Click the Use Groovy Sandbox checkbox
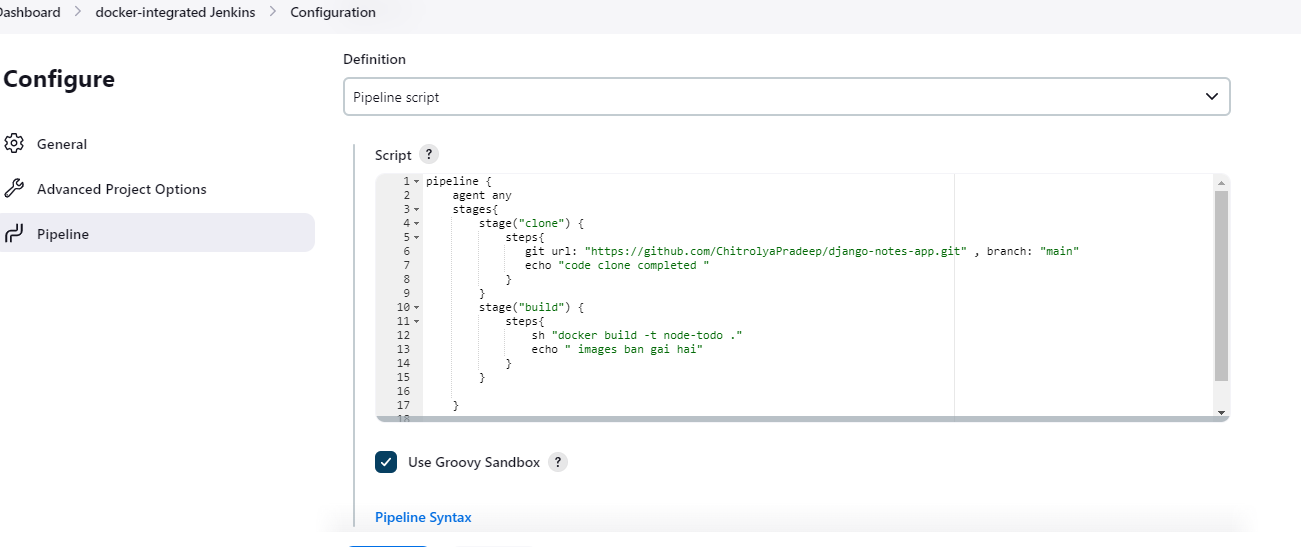point(386,462)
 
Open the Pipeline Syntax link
point(423,517)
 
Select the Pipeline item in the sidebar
point(63,234)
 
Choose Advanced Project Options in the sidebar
point(121,189)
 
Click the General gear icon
point(14,143)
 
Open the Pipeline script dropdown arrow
point(1212,96)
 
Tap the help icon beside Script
point(429,154)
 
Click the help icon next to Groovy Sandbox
point(558,462)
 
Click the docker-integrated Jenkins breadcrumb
point(175,12)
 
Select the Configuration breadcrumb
point(333,12)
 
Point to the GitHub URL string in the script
point(775,251)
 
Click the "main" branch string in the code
point(1059,251)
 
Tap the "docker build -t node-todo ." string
point(646,336)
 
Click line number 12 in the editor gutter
point(403,336)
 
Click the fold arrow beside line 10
point(416,308)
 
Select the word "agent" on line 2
point(468,196)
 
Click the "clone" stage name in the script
point(541,224)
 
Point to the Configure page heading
point(59,79)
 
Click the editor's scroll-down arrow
point(1221,412)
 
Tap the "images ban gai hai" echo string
point(634,350)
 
